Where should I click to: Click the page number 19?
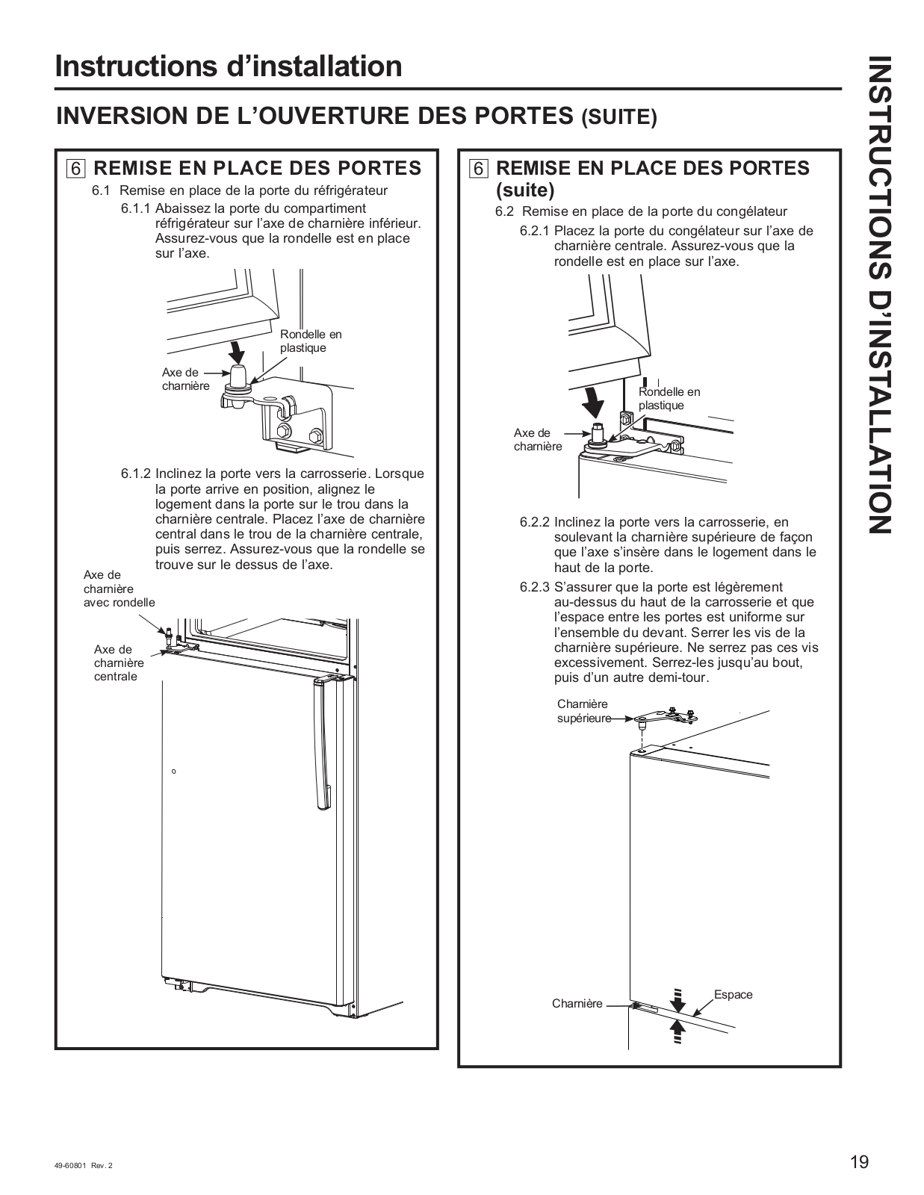pos(859,1162)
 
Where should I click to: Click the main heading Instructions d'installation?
pos(229,66)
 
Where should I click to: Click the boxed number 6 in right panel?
pos(479,168)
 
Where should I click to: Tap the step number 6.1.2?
pos(136,474)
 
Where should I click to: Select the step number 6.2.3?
pos(535,587)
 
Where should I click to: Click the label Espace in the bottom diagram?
pos(733,995)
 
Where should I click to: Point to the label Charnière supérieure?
pos(583,711)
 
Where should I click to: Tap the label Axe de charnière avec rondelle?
pos(119,589)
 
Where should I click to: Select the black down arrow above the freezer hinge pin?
pos(595,403)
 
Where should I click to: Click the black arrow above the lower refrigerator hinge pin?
pos(236,349)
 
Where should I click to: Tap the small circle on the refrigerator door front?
pos(174,772)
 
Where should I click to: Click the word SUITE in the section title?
pos(619,118)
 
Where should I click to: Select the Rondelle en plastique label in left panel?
pos(310,341)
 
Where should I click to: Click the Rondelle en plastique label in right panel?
pos(669,399)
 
